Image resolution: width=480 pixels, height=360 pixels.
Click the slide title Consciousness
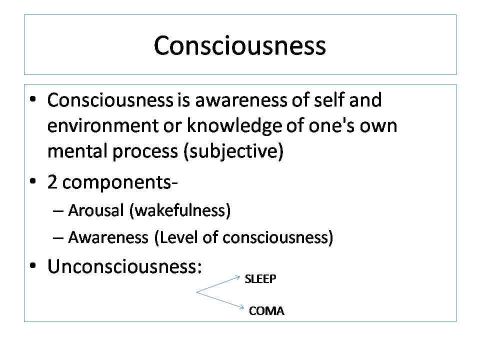(239, 45)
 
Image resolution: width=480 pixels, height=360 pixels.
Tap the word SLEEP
(260, 279)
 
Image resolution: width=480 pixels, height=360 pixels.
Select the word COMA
(266, 311)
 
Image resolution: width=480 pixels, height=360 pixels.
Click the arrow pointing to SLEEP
(218, 284)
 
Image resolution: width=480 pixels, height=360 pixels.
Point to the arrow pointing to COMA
(220, 300)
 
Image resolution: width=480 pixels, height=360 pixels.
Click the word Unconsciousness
(124, 266)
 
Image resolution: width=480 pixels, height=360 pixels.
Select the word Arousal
(96, 210)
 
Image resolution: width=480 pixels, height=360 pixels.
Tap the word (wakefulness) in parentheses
(180, 210)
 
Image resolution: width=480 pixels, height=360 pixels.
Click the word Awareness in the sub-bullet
(108, 237)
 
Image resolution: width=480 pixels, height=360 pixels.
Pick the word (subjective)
(233, 151)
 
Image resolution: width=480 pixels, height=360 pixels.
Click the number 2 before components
(52, 182)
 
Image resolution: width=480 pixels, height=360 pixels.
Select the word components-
(120, 183)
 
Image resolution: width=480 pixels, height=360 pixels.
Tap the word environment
(102, 126)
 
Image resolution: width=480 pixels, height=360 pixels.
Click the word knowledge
(234, 126)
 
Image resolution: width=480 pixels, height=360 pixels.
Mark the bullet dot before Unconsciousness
(33, 265)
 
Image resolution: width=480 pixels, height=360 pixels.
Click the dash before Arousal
(58, 211)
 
